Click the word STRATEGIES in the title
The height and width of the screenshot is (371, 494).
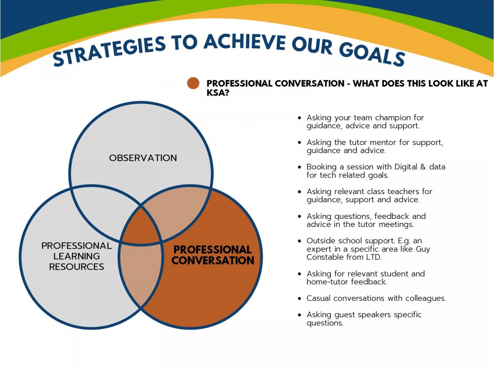110,51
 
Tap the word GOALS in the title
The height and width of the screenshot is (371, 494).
372,54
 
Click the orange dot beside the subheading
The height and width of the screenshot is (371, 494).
193,83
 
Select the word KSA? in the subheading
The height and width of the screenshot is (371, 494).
218,93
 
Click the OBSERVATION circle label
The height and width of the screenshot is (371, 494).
143,158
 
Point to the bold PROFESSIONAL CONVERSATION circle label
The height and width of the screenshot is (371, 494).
213,255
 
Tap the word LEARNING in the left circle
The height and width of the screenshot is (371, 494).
77,256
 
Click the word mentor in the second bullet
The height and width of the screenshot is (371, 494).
383,142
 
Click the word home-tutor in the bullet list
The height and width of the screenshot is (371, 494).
327,282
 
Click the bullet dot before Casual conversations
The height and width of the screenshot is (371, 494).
299,298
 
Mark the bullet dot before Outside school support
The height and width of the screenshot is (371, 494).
299,241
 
